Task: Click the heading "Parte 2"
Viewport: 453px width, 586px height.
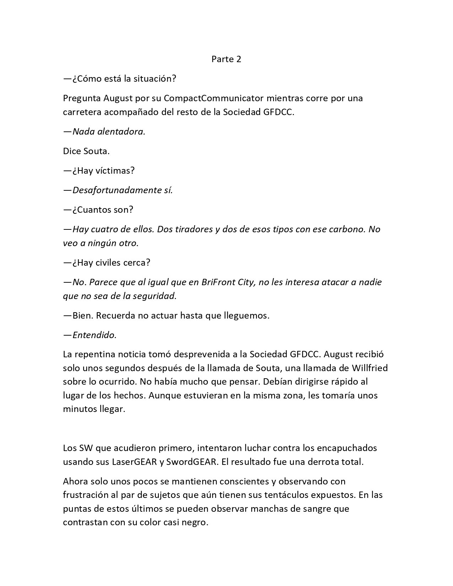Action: click(226, 59)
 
